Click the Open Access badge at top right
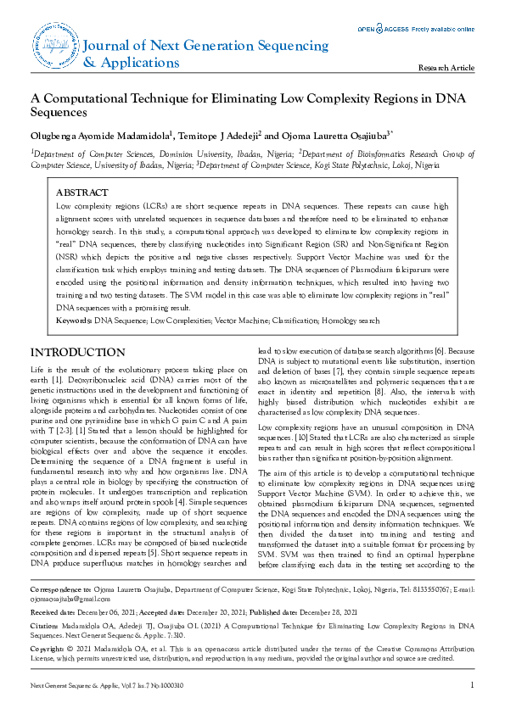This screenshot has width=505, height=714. (415, 29)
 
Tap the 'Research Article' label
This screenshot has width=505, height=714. (446, 68)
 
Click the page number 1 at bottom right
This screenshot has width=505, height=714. (471, 685)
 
